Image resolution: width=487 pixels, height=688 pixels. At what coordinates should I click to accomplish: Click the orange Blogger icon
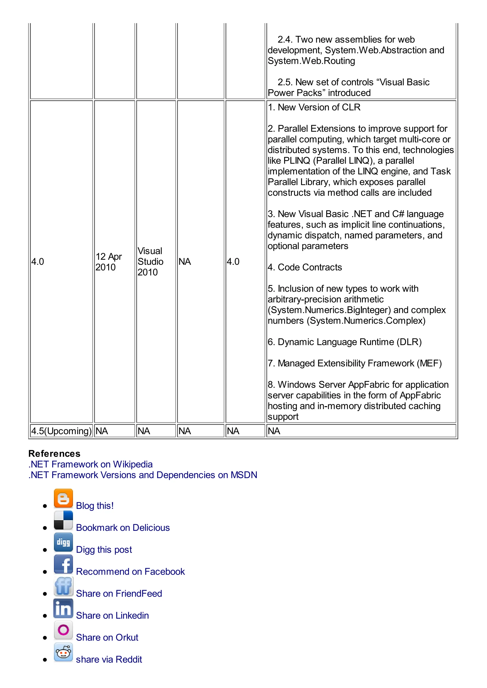[x=63, y=498]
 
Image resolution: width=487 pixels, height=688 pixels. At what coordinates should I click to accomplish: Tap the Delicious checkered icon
[x=63, y=520]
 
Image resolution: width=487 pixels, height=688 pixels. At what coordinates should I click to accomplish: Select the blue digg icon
[x=63, y=542]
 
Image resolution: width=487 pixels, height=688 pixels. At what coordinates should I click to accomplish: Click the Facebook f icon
[x=63, y=564]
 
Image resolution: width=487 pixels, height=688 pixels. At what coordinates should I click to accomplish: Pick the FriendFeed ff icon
[x=63, y=586]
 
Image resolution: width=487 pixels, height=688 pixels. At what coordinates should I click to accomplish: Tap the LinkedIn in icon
[x=63, y=608]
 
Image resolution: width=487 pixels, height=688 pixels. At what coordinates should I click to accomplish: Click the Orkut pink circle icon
[x=63, y=630]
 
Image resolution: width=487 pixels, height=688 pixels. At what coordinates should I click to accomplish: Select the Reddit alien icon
[x=63, y=652]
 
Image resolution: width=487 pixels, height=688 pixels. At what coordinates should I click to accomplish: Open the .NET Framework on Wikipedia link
[x=90, y=464]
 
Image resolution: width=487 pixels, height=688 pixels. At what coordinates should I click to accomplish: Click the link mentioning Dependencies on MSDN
[x=143, y=475]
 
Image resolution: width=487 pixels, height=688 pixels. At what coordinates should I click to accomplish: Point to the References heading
[x=54, y=453]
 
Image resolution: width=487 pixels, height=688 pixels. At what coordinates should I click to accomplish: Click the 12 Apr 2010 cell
[x=108, y=262]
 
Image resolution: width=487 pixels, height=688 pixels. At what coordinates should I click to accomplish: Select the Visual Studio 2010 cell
[x=150, y=262]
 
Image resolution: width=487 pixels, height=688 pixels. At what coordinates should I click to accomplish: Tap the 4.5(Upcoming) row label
[x=61, y=431]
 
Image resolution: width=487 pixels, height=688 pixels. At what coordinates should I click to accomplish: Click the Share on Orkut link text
[x=107, y=637]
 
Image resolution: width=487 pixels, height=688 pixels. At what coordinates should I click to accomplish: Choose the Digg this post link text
[x=104, y=550]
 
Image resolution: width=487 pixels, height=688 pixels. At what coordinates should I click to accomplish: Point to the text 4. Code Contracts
[x=305, y=267]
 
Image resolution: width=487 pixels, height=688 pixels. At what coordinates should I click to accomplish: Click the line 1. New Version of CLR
[x=314, y=107]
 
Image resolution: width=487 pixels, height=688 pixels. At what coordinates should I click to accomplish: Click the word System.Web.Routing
[x=311, y=61]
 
